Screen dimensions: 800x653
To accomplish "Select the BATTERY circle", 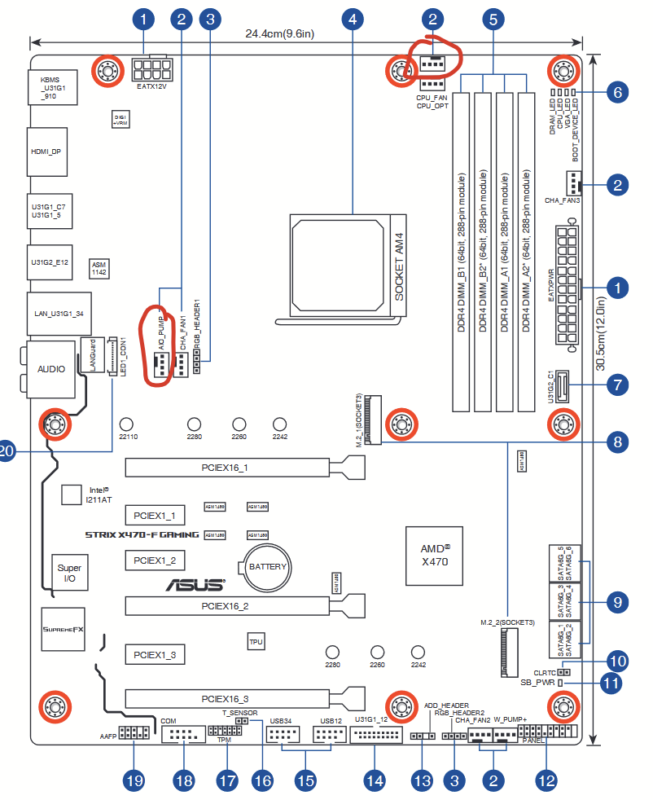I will click(267, 566).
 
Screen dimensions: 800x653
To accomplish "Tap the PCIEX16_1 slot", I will click(227, 468).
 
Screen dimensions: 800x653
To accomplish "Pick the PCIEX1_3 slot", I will click(156, 654).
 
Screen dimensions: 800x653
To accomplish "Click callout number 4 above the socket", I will click(352, 19).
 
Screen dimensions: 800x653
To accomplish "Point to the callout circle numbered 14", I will click(375, 780).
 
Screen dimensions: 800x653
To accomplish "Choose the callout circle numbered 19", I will click(134, 780).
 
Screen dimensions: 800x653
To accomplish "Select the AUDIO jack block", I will click(51, 369).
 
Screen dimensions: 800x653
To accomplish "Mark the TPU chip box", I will click(256, 642).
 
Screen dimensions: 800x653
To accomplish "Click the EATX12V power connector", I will click(152, 69).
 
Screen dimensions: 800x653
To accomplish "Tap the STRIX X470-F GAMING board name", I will click(142, 534).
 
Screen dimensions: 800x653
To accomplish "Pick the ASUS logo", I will click(195, 585).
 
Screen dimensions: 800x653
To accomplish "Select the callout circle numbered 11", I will click(611, 683).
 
